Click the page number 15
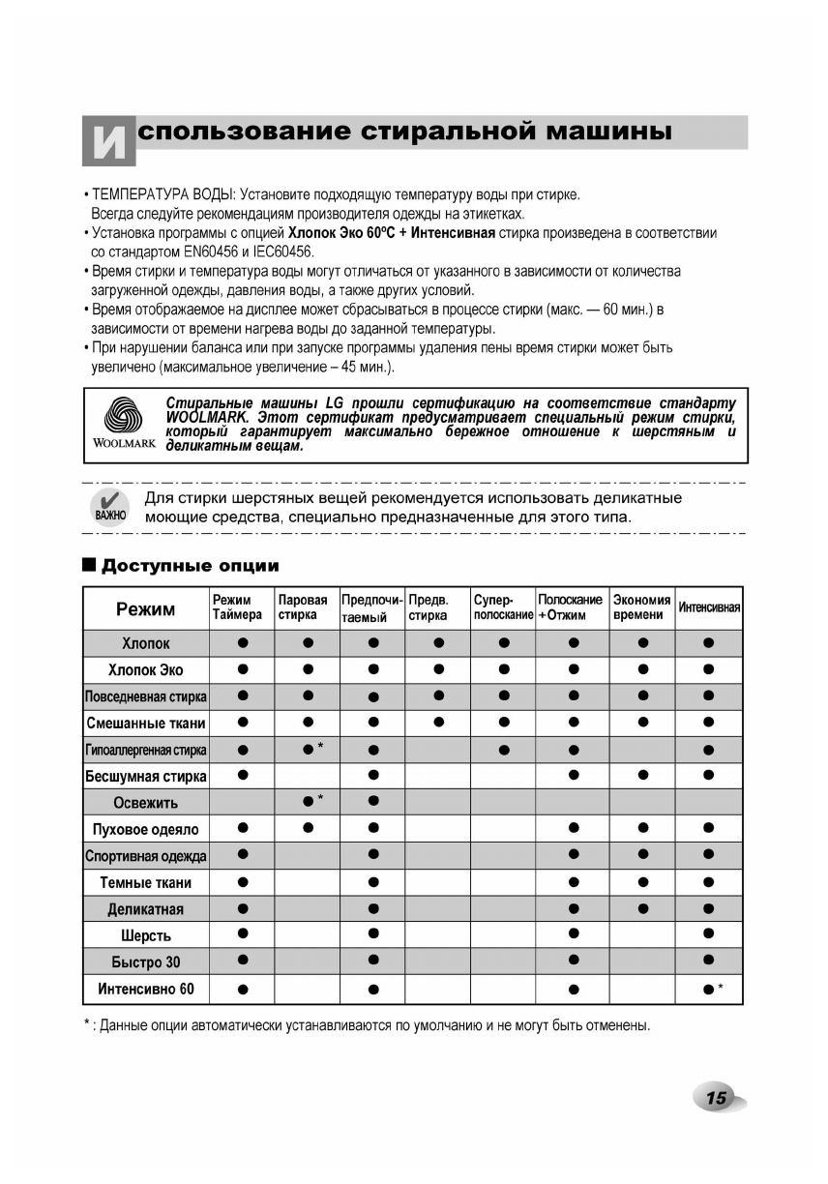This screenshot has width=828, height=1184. coord(717,1097)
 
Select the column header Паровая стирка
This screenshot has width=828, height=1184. coord(303,607)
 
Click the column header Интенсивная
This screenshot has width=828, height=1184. coord(709,607)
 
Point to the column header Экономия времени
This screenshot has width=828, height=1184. coord(641,607)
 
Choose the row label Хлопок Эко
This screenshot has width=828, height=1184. coord(145,669)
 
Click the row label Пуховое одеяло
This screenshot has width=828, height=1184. coord(145,829)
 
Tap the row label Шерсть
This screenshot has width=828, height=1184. coord(145,935)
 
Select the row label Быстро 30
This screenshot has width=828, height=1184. coord(145,962)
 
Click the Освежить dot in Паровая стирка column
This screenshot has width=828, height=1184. coord(307,801)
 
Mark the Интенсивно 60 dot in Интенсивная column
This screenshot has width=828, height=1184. coord(709,989)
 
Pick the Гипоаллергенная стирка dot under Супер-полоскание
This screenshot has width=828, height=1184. coord(503,749)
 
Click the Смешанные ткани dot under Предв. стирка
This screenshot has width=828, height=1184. coord(438,722)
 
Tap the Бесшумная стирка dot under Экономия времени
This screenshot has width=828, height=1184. coord(641,775)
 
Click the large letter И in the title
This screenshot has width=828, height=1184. coord(107,141)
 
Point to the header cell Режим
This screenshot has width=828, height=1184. coord(145,608)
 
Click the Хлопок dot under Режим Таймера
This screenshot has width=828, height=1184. coord(243,642)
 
